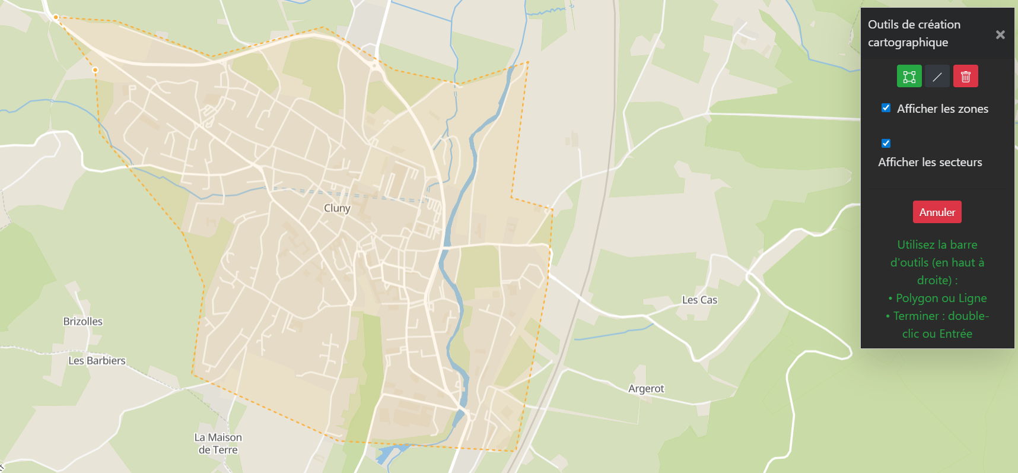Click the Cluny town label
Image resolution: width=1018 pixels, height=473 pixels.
tap(337, 208)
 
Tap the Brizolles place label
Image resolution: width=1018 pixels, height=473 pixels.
tap(83, 321)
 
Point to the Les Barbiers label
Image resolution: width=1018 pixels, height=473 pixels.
tap(97, 360)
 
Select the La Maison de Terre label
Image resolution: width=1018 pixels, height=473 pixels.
tap(218, 443)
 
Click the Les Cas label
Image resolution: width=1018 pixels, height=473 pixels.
tap(699, 300)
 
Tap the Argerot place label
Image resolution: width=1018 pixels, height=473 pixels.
tap(646, 389)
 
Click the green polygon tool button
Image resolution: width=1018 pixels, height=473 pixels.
tap(909, 77)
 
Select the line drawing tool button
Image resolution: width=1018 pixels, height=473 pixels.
tap(937, 77)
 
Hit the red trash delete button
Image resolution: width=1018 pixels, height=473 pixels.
tap(965, 77)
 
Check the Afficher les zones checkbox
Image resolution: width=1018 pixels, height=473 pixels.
tap(886, 108)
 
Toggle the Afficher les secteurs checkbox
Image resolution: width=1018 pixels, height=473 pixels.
tap(886, 143)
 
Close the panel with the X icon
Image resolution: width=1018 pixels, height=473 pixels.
tap(1000, 34)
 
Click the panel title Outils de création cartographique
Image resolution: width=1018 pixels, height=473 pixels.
tap(914, 33)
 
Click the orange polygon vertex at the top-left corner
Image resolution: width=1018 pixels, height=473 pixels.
tap(56, 17)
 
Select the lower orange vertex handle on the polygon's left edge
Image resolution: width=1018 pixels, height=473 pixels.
tap(95, 70)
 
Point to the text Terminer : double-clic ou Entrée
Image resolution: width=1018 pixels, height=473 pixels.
tap(937, 325)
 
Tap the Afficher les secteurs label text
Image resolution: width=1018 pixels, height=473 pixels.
tap(930, 162)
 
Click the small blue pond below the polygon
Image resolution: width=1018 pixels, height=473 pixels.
tap(388, 453)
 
